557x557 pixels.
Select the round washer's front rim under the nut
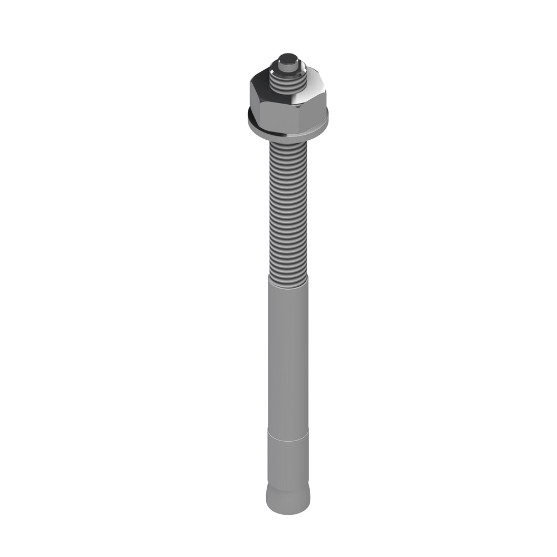click(x=287, y=135)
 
